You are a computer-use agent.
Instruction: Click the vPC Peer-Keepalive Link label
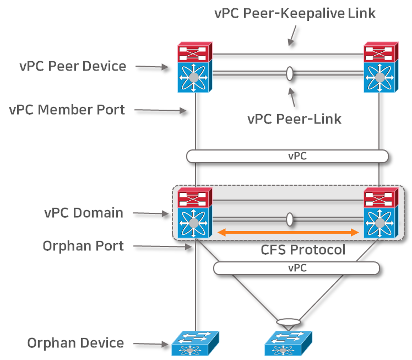click(x=295, y=13)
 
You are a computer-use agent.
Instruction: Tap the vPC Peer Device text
click(x=73, y=67)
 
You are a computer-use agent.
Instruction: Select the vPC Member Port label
click(x=67, y=110)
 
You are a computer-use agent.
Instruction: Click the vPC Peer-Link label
click(x=295, y=119)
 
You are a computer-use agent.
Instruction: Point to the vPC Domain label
click(x=84, y=213)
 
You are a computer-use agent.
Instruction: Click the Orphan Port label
click(x=83, y=246)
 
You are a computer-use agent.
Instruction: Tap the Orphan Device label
click(x=75, y=343)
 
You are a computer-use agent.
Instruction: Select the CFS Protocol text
click(x=302, y=250)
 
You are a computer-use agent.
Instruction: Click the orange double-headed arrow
click(x=289, y=233)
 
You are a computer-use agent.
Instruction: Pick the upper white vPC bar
click(x=288, y=156)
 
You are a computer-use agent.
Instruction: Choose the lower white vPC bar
click(x=296, y=268)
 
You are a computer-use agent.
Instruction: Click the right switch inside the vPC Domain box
click(x=380, y=213)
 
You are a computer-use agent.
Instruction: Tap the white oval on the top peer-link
click(x=289, y=73)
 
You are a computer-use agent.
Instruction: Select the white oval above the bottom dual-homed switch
click(x=289, y=321)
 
